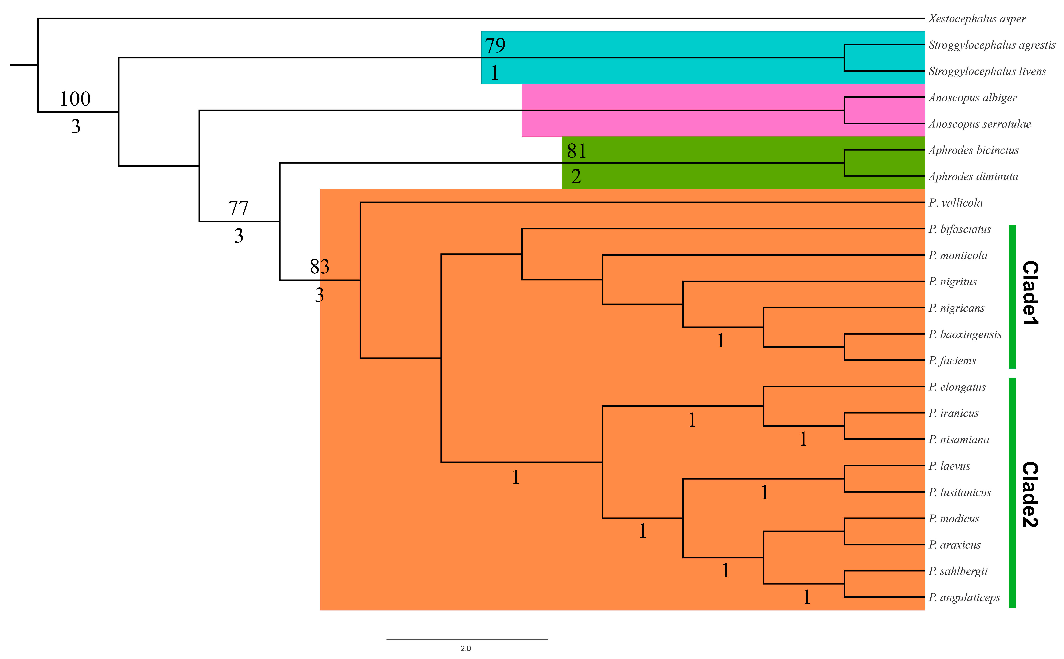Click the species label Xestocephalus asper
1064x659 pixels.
[x=976, y=19]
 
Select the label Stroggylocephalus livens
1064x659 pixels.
[x=987, y=71]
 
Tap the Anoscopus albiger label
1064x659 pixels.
[x=972, y=98]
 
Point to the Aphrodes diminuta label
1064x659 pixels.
[x=973, y=176]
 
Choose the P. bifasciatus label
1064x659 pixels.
[x=959, y=229]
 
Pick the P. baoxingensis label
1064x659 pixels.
[x=965, y=334]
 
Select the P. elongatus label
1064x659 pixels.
[x=957, y=387]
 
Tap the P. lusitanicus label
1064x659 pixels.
[x=959, y=492]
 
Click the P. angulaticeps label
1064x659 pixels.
[x=964, y=597]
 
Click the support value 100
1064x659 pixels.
[x=75, y=99]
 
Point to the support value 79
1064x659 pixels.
[x=495, y=45]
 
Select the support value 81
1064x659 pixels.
[x=576, y=151]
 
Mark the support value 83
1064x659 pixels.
[x=320, y=266]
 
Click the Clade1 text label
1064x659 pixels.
[x=1030, y=292]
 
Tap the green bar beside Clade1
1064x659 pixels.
[x=1012, y=296]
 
